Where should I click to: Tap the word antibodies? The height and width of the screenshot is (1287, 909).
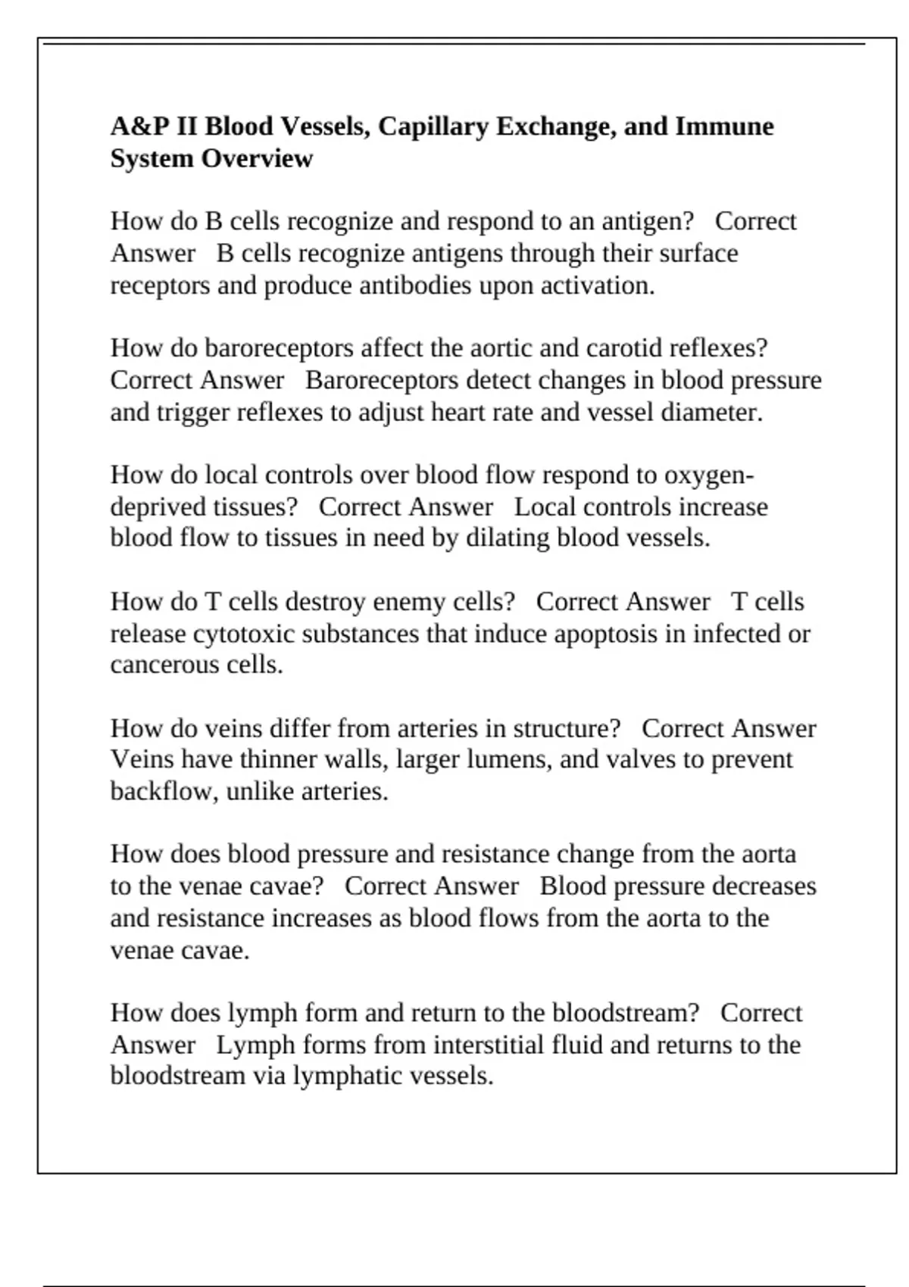415,285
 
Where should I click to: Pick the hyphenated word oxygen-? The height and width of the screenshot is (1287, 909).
709,475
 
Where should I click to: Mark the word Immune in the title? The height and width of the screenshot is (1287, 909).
724,126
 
